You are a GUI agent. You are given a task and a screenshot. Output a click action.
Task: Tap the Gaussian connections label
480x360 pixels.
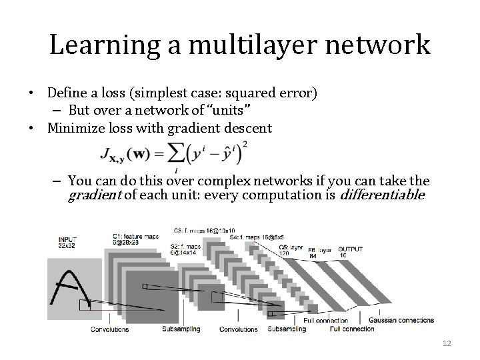click(x=401, y=321)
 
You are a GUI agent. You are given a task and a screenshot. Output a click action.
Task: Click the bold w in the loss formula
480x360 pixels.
click(x=141, y=155)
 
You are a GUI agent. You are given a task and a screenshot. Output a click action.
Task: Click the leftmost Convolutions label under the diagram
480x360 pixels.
click(x=109, y=329)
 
